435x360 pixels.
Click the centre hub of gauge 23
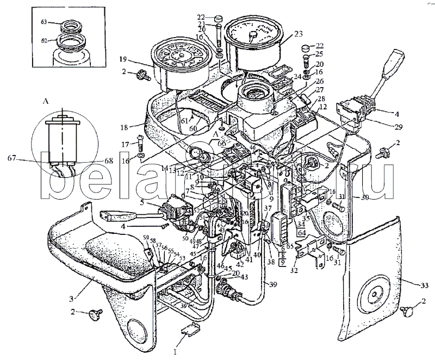(x=252, y=34)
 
